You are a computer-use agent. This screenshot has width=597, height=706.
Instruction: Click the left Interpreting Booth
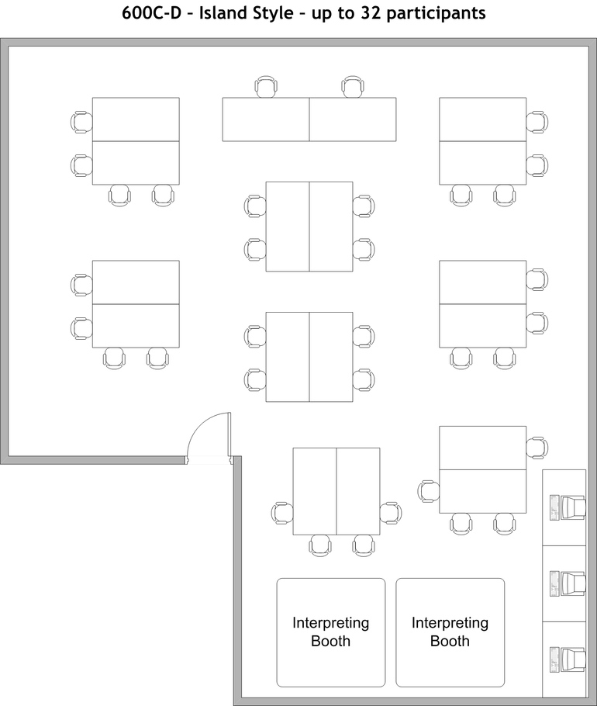[x=331, y=632]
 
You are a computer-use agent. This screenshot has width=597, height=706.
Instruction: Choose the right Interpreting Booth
[x=450, y=632]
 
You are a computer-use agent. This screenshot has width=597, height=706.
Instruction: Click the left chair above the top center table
[x=266, y=87]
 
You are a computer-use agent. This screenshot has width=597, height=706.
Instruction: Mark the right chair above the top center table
[x=353, y=87]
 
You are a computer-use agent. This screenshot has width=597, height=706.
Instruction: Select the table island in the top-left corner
[x=136, y=141]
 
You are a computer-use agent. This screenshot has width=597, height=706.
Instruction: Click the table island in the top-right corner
[x=483, y=141]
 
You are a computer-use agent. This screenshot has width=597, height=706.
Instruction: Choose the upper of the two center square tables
[x=309, y=227]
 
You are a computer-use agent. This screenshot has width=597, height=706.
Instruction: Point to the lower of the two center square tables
[x=309, y=357]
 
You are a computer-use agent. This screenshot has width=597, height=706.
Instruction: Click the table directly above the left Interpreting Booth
[x=336, y=491]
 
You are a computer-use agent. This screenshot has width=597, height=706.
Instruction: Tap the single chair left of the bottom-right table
[x=428, y=490]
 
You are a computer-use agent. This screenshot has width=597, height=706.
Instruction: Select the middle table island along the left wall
[x=136, y=304]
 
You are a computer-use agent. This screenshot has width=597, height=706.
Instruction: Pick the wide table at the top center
[x=309, y=119]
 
